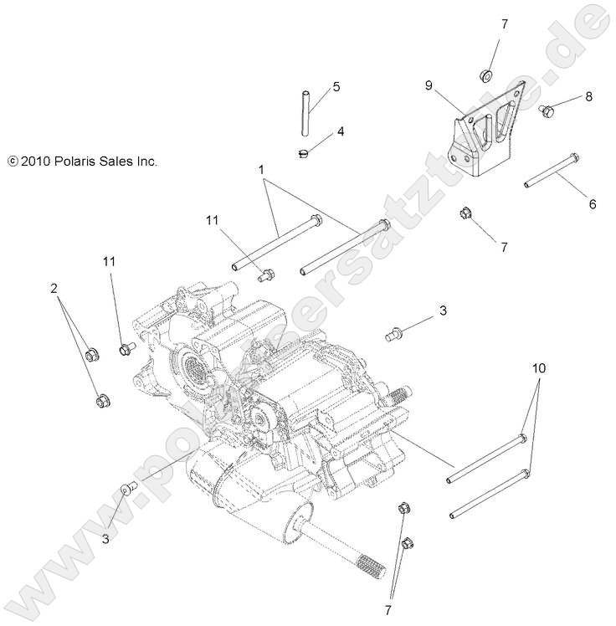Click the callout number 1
[261, 170]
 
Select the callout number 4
[341, 131]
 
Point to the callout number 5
[336, 86]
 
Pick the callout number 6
[593, 203]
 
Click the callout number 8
[588, 96]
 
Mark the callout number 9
[429, 85]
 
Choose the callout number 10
[537, 368]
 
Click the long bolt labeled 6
[552, 170]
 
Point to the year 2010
[35, 162]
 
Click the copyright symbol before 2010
[12, 162]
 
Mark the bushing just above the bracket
[485, 76]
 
